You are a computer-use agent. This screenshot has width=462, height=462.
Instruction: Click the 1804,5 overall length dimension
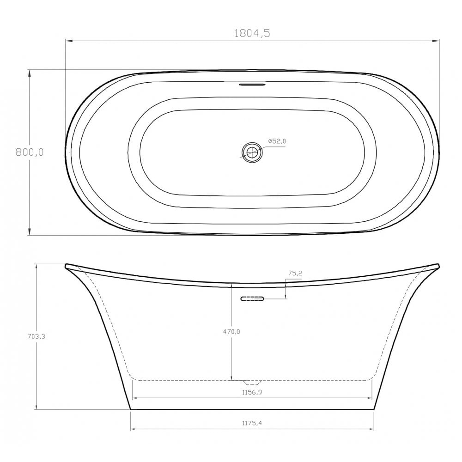click(252, 33)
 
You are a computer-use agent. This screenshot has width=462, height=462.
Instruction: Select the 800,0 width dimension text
click(30, 152)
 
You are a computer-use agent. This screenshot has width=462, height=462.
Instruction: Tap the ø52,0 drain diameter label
click(276, 141)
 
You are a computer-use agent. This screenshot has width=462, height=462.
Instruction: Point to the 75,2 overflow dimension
click(295, 274)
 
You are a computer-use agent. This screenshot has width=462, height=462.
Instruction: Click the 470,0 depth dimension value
click(231, 331)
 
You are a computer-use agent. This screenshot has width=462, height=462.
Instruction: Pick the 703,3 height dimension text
click(36, 336)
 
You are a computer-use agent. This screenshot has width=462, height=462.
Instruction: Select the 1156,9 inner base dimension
click(252, 392)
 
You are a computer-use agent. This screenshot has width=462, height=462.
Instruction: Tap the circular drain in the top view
click(252, 152)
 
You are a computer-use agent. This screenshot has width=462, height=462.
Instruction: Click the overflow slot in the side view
click(252, 299)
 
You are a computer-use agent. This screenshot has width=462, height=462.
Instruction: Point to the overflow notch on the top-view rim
click(252, 85)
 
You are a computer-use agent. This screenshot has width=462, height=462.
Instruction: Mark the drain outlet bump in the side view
click(252, 383)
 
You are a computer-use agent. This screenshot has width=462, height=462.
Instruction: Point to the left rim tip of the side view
click(67, 266)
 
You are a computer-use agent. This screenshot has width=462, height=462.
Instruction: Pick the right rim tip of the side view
click(438, 266)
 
